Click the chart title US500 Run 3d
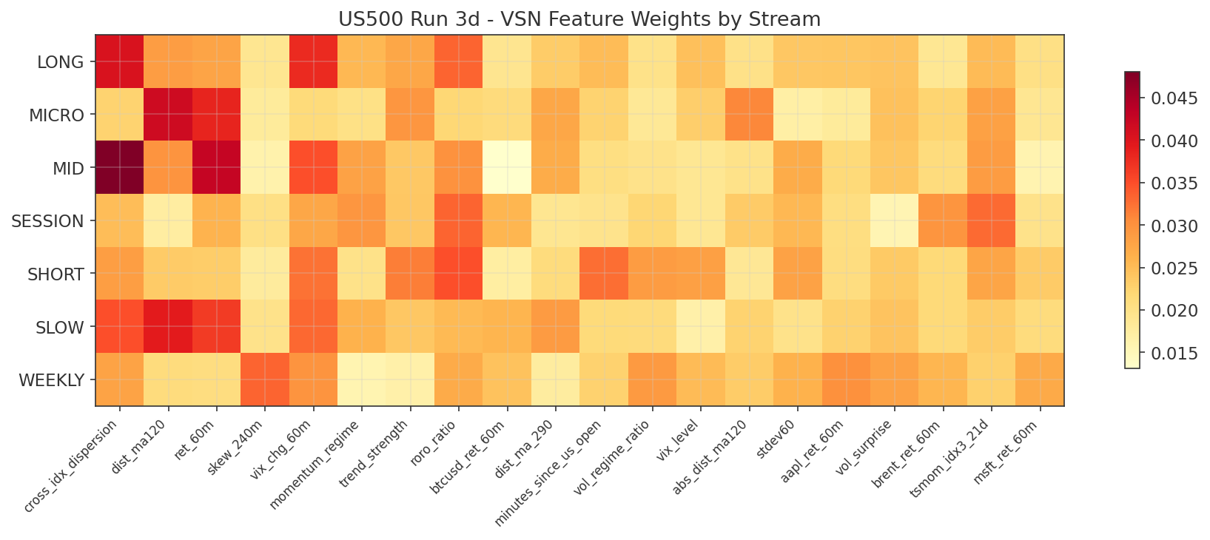579,19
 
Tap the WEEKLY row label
51,380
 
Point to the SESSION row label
47,221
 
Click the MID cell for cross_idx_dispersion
120,168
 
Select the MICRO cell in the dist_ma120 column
168,115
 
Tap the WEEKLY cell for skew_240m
265,379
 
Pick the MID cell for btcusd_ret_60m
507,168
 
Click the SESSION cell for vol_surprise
895,220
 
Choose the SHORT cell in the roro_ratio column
459,274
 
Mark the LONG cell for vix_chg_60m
314,61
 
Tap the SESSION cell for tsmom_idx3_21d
992,220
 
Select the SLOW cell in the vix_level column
701,326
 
